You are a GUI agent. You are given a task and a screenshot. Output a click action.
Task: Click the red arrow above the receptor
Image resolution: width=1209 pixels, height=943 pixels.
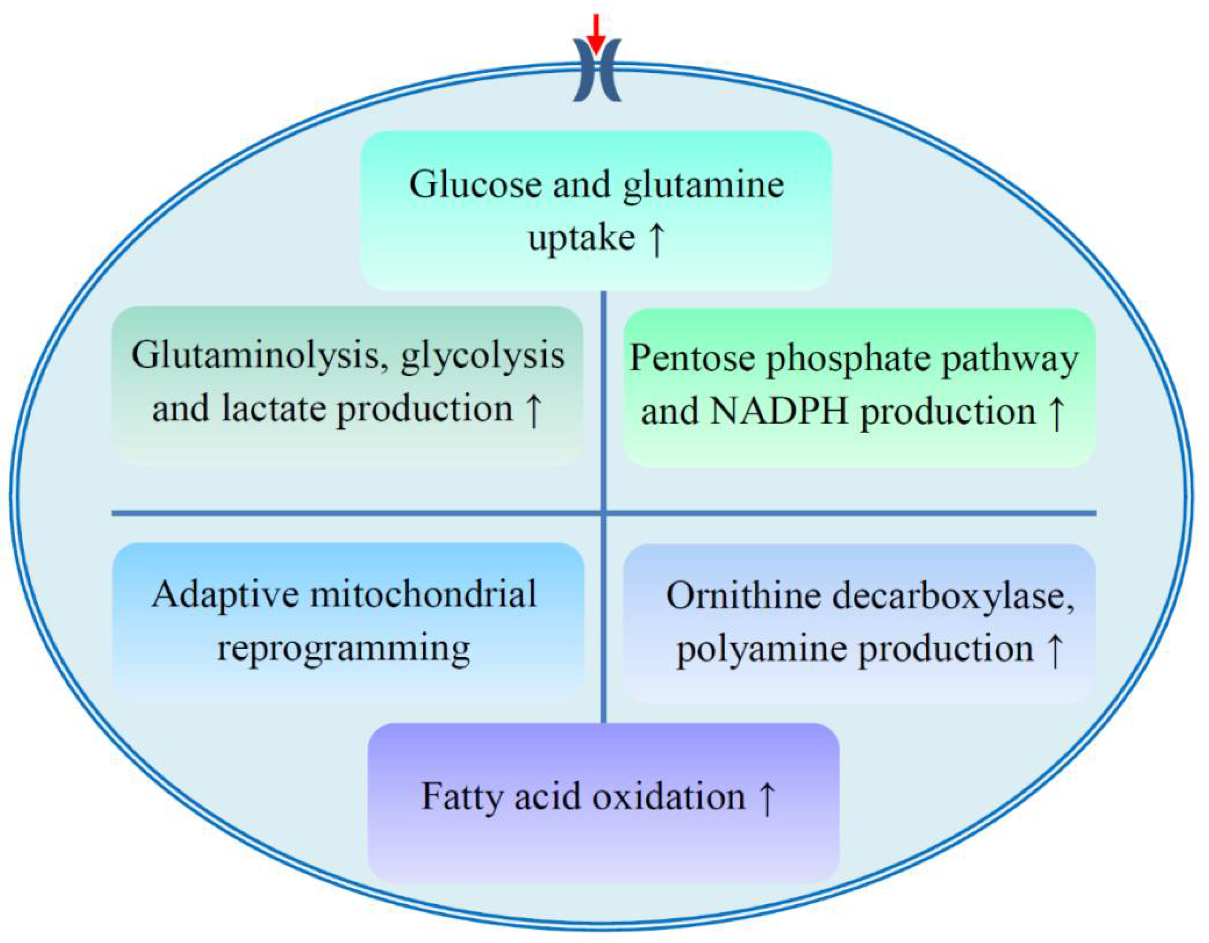(596, 33)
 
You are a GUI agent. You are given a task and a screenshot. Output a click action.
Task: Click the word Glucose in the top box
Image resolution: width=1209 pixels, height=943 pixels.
(475, 184)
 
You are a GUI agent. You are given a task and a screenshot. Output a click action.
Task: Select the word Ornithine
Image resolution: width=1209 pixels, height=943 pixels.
(744, 596)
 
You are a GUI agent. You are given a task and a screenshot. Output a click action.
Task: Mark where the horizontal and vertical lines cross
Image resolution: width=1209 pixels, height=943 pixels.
(603, 513)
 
